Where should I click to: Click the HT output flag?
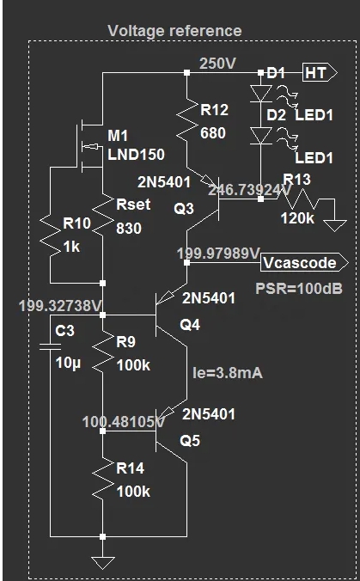click(320, 73)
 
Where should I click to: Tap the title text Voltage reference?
click(174, 31)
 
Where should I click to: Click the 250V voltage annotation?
click(217, 64)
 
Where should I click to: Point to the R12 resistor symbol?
click(187, 119)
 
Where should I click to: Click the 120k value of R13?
click(297, 218)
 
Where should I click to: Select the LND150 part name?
click(136, 155)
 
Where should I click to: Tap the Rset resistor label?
click(133, 205)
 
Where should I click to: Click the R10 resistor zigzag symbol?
click(51, 235)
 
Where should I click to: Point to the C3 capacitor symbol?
click(51, 346)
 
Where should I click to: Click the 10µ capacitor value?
click(68, 363)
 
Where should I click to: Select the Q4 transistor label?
click(190, 325)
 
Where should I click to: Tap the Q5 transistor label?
click(190, 441)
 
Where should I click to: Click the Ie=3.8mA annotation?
click(228, 373)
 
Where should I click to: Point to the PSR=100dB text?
click(298, 289)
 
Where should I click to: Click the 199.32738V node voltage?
click(59, 306)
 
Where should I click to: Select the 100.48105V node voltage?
click(124, 422)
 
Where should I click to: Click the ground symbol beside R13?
click(335, 226)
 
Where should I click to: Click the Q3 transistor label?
click(184, 209)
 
